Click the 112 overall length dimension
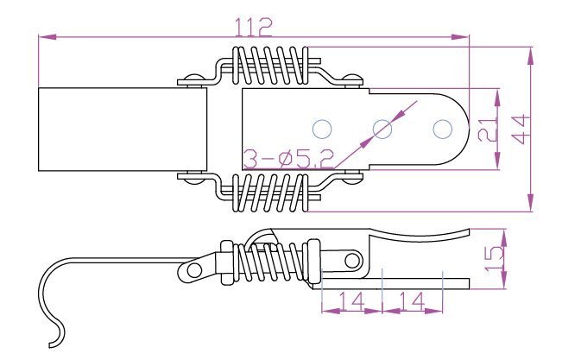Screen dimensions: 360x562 [x=253, y=26]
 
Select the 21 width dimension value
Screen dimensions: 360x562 [x=488, y=129]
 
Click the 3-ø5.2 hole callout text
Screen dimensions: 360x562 [x=287, y=158]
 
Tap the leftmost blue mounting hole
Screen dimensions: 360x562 [x=322, y=129]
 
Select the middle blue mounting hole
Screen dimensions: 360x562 [x=382, y=129]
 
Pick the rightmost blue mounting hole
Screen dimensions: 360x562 [x=442, y=129]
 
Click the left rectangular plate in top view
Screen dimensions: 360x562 [x=122, y=129]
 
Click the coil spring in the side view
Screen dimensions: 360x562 [x=272, y=262]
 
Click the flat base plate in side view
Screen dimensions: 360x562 [x=406, y=283]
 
